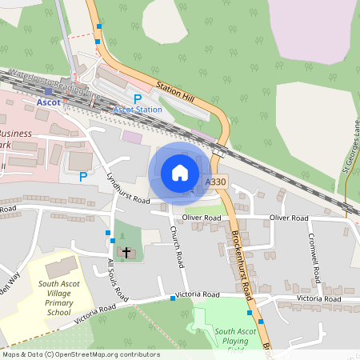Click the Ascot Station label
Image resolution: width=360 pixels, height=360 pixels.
coord(138,109)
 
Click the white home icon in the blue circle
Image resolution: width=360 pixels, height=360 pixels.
coord(179,172)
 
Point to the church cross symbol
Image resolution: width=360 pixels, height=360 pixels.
coord(126,253)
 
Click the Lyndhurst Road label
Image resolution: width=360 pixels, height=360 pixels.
coord(128,188)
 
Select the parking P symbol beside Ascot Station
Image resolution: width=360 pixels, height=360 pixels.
coord(138,98)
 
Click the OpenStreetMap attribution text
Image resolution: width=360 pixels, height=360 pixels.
coord(80,354)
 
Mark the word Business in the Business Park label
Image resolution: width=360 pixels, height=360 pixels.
coord(14,133)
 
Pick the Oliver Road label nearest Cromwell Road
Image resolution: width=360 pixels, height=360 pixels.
coord(289,218)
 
